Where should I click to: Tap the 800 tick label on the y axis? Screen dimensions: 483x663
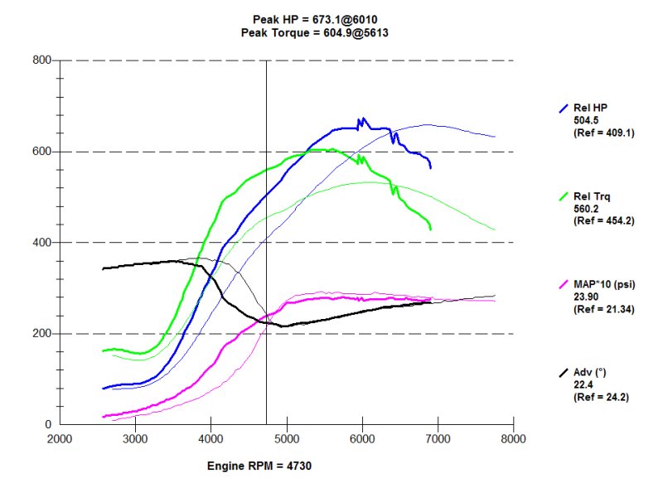(42, 60)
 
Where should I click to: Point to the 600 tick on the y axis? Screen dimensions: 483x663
(42, 152)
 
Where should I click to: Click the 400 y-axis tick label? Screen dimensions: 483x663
(42, 243)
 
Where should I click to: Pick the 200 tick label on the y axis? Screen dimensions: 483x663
(42, 334)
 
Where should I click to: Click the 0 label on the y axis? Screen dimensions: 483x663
(48, 424)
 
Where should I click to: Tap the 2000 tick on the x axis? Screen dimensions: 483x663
(58, 438)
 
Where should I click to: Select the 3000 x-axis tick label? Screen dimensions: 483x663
(134, 438)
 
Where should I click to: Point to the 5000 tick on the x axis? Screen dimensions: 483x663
(287, 438)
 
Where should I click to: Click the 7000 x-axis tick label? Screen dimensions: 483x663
(438, 438)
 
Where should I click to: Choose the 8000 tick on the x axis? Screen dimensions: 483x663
(514, 438)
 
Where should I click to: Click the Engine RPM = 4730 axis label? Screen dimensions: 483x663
(259, 466)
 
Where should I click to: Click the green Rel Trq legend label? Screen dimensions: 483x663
(590, 196)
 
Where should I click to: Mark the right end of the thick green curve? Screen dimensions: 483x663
(430, 229)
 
